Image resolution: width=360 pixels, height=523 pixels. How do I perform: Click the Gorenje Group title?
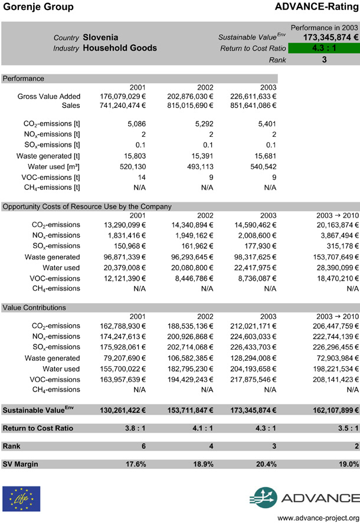coord(38,7)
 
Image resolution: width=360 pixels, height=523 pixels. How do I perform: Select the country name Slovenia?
coord(101,37)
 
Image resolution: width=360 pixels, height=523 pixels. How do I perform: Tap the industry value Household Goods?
coord(120,48)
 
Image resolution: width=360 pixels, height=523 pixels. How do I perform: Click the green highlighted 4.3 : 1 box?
coord(324,48)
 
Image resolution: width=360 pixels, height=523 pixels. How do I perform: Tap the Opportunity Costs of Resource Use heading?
coord(87,206)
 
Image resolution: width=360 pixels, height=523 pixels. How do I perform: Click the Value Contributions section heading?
coord(34,307)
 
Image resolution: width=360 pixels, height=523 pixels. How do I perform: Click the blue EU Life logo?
coord(22,498)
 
